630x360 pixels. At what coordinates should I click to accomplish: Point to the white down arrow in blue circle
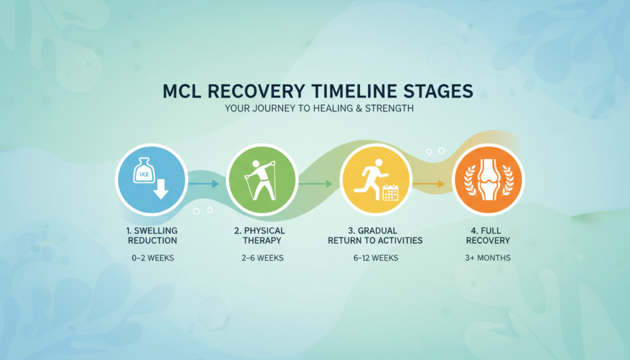161,189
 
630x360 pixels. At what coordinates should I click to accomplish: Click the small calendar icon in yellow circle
391,193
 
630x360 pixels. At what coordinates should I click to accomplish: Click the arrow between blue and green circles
203,183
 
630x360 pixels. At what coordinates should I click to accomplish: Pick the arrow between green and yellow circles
316,183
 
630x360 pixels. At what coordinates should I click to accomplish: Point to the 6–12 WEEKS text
375,258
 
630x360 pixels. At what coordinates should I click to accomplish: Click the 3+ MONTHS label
488,258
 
